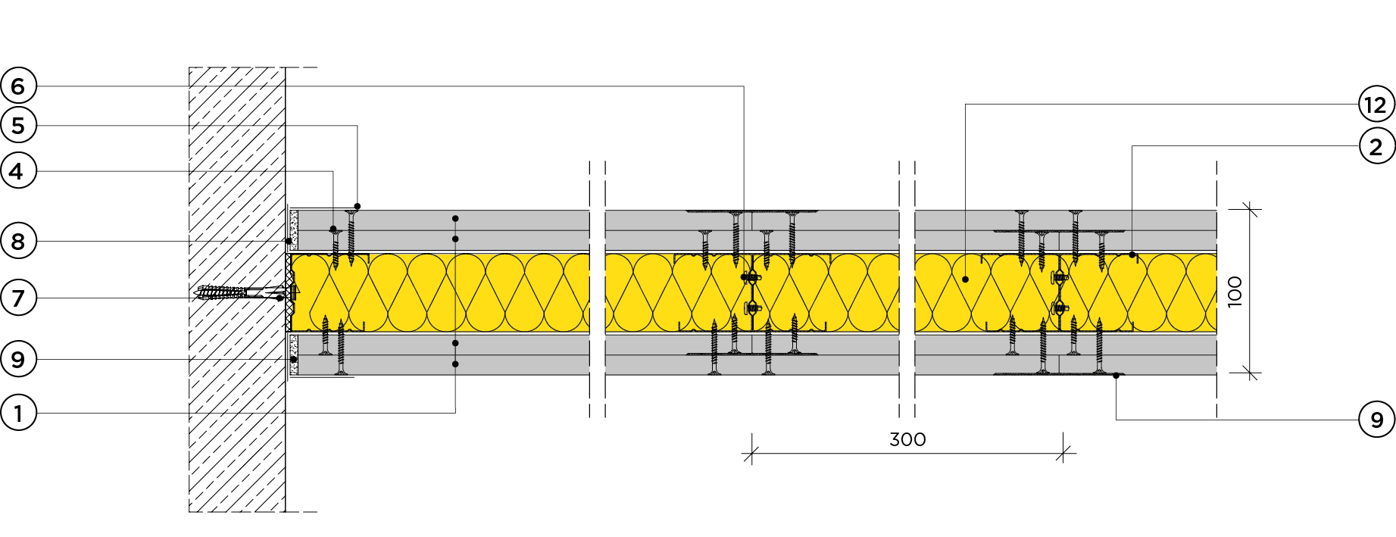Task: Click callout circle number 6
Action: pos(18,86)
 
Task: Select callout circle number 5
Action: pos(18,126)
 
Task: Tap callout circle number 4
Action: pos(18,172)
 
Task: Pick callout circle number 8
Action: pos(18,242)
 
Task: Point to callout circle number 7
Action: pos(18,298)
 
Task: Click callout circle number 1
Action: pos(18,414)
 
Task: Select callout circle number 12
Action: pos(1376,105)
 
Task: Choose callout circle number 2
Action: pos(1376,146)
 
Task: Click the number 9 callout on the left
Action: pos(18,360)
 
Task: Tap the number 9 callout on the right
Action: pos(1376,420)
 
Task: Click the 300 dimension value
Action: pos(907,439)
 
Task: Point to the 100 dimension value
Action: pos(1235,292)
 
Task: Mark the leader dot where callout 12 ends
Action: pos(966,279)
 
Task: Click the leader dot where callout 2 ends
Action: pos(1132,255)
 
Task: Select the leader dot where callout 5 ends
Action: pos(358,206)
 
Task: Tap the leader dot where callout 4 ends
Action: pos(333,229)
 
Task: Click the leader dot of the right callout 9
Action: pos(1116,376)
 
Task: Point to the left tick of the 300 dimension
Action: pos(751,454)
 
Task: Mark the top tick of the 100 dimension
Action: pos(1251,210)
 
